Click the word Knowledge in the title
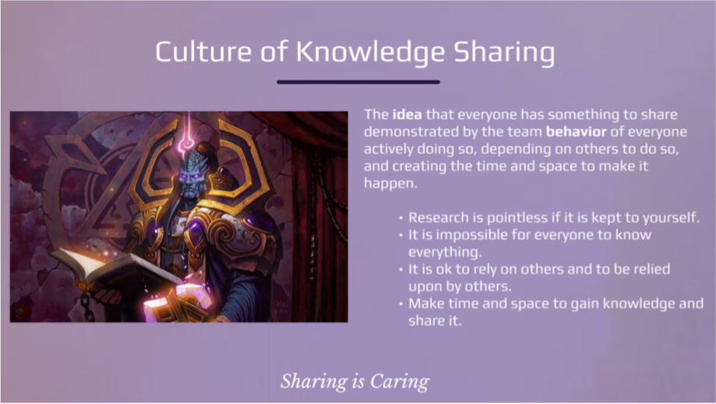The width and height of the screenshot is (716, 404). [370, 52]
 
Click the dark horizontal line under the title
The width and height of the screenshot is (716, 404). [358, 82]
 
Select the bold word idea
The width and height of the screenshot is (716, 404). [407, 114]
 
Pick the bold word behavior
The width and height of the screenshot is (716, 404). [576, 132]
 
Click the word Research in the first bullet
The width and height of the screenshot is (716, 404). [440, 217]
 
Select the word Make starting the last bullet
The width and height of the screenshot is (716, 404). [426, 303]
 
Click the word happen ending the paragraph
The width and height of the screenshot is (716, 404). [390, 183]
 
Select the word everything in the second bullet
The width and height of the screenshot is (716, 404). [444, 253]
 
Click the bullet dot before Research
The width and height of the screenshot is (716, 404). [401, 218]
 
